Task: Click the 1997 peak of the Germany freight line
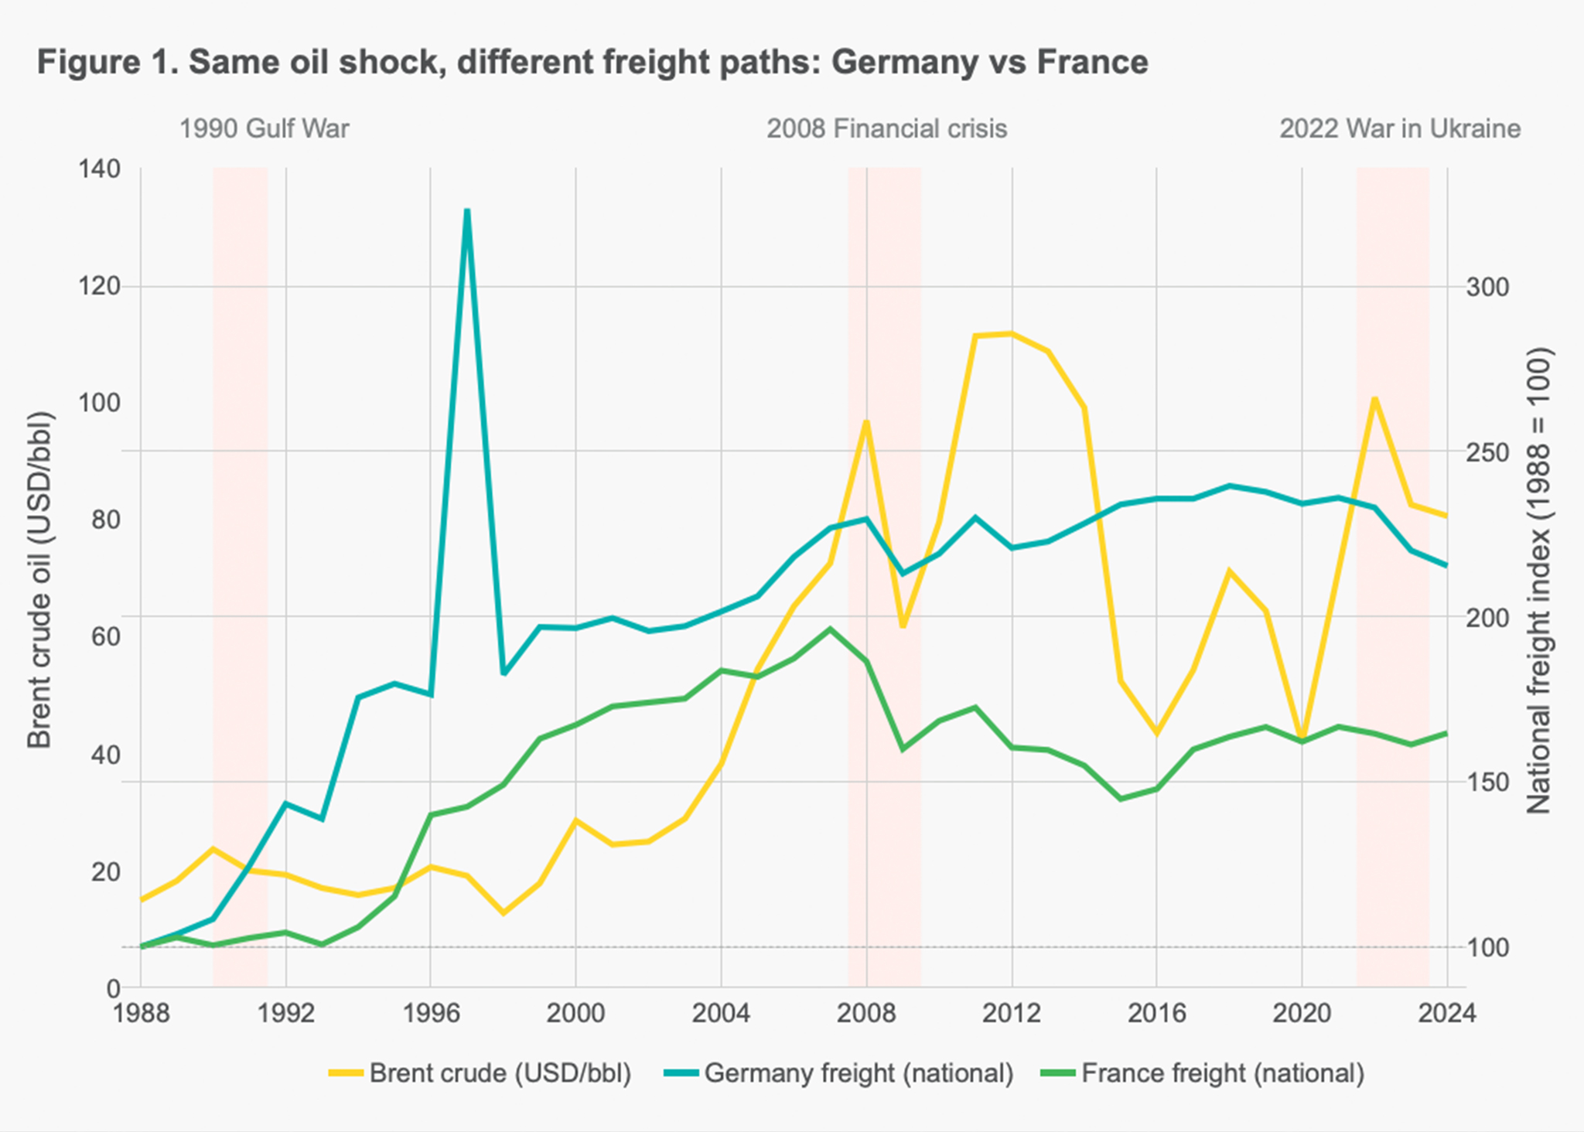(x=467, y=210)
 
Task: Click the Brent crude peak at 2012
(x=1011, y=334)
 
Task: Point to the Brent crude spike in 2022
(x=1374, y=399)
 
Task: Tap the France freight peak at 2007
(x=830, y=629)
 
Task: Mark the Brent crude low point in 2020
(x=1302, y=738)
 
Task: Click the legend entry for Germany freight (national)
(x=840, y=1074)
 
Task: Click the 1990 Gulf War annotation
(x=265, y=128)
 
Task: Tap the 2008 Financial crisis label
(x=886, y=128)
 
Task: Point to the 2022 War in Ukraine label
(x=1399, y=128)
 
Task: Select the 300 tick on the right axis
(x=1487, y=288)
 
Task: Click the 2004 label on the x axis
(x=721, y=1013)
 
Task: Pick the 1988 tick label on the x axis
(x=141, y=1013)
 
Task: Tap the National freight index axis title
(x=1539, y=580)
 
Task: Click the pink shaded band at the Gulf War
(x=240, y=541)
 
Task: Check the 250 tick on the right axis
(x=1487, y=452)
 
